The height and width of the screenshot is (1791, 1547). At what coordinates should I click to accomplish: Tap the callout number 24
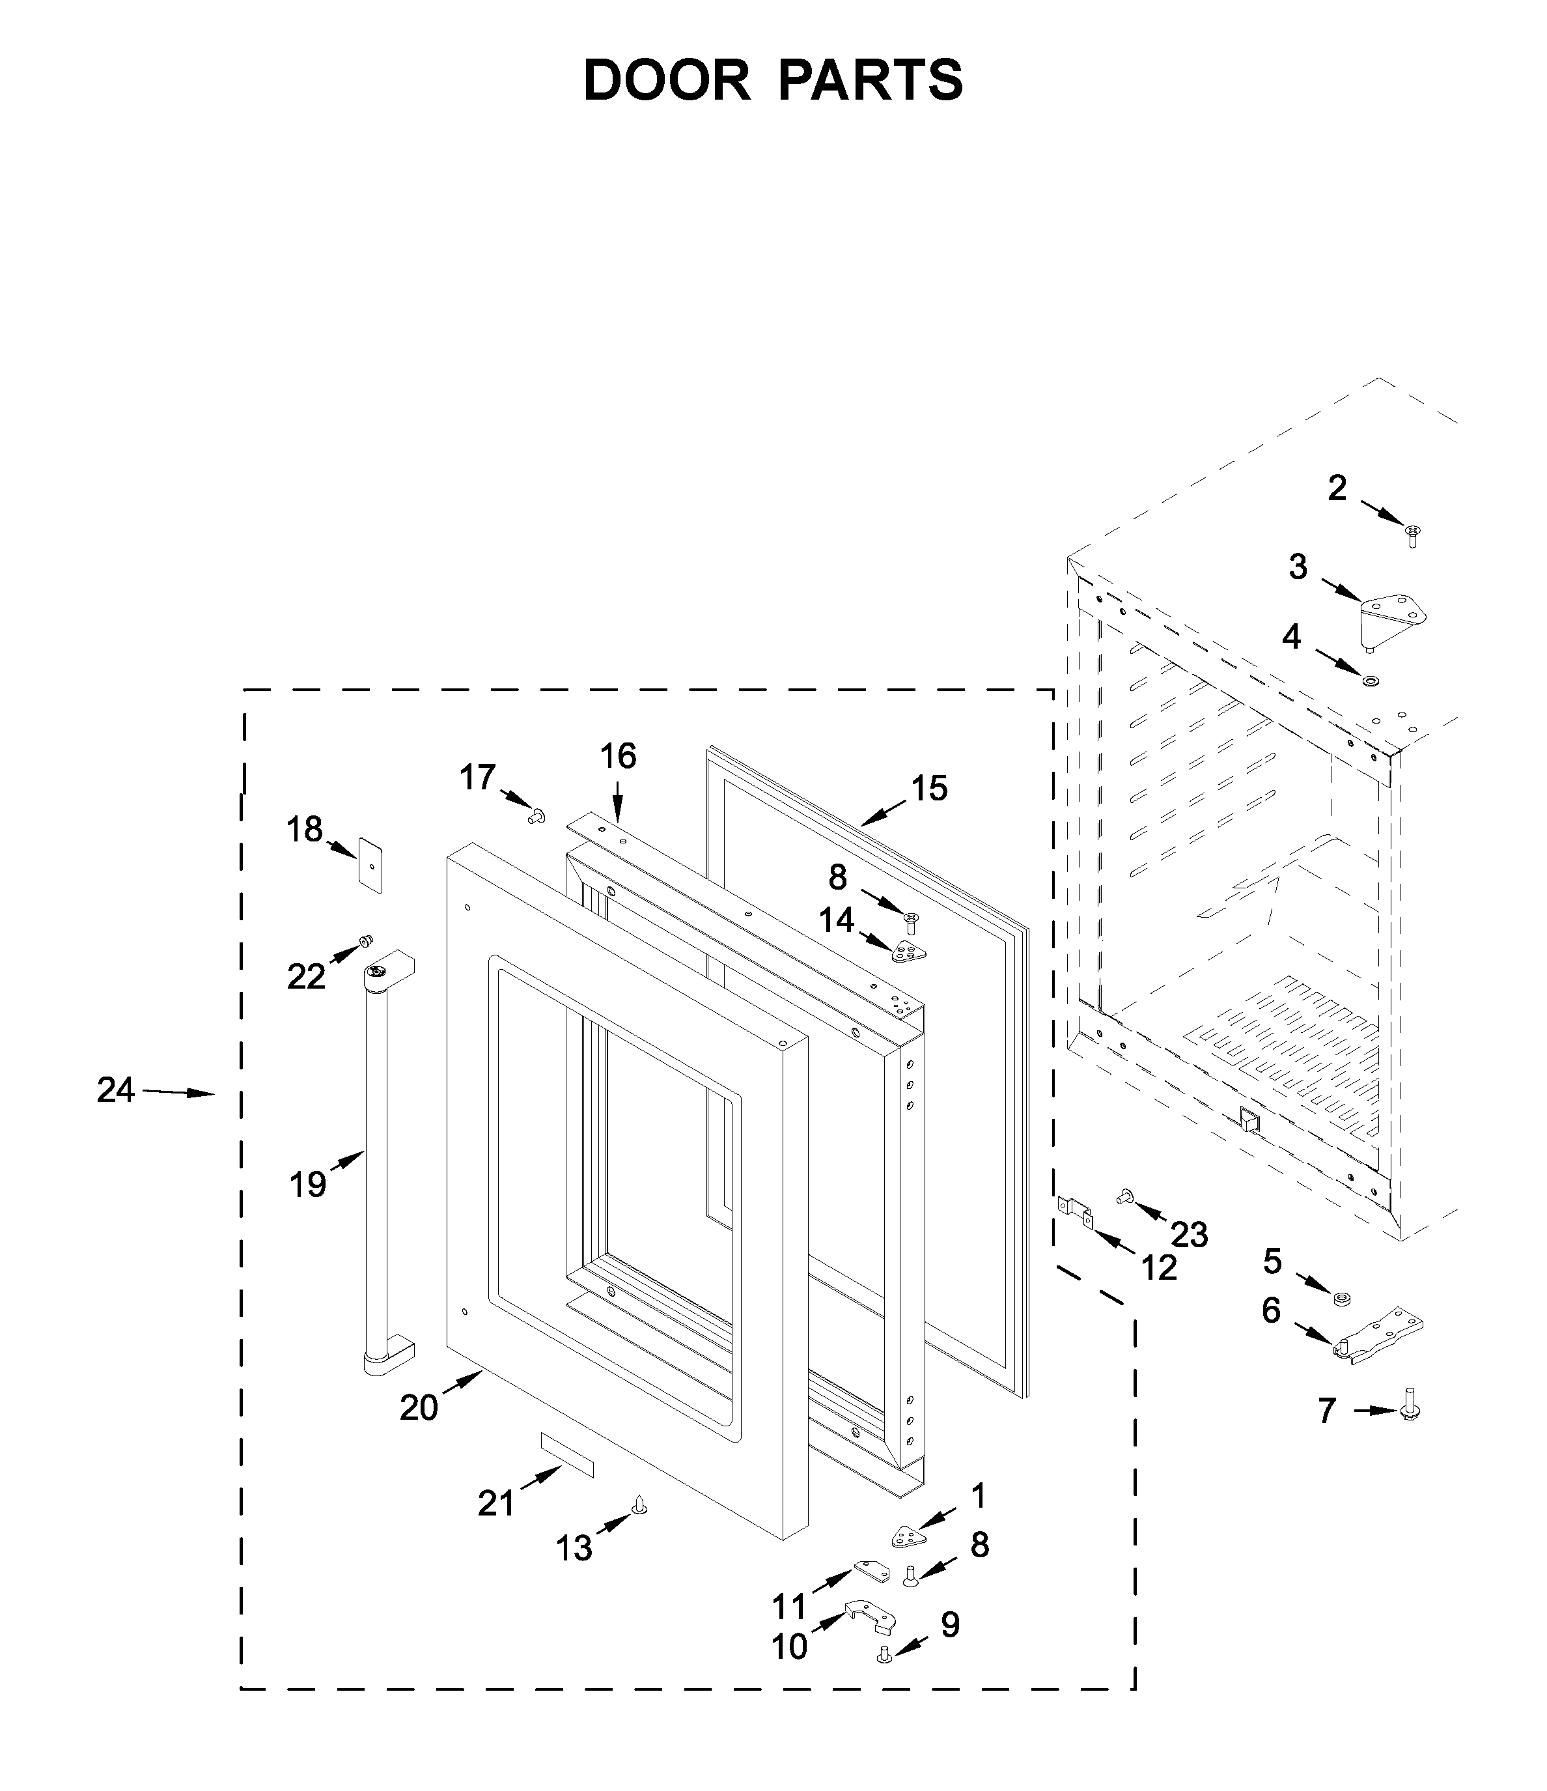click(116, 1091)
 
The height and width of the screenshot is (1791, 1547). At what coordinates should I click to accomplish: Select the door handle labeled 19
click(377, 1167)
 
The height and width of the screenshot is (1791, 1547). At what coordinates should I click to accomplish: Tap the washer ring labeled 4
click(1371, 681)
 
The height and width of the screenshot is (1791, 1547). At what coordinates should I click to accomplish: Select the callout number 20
click(419, 1408)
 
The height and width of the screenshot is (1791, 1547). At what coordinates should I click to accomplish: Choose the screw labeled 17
click(536, 814)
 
